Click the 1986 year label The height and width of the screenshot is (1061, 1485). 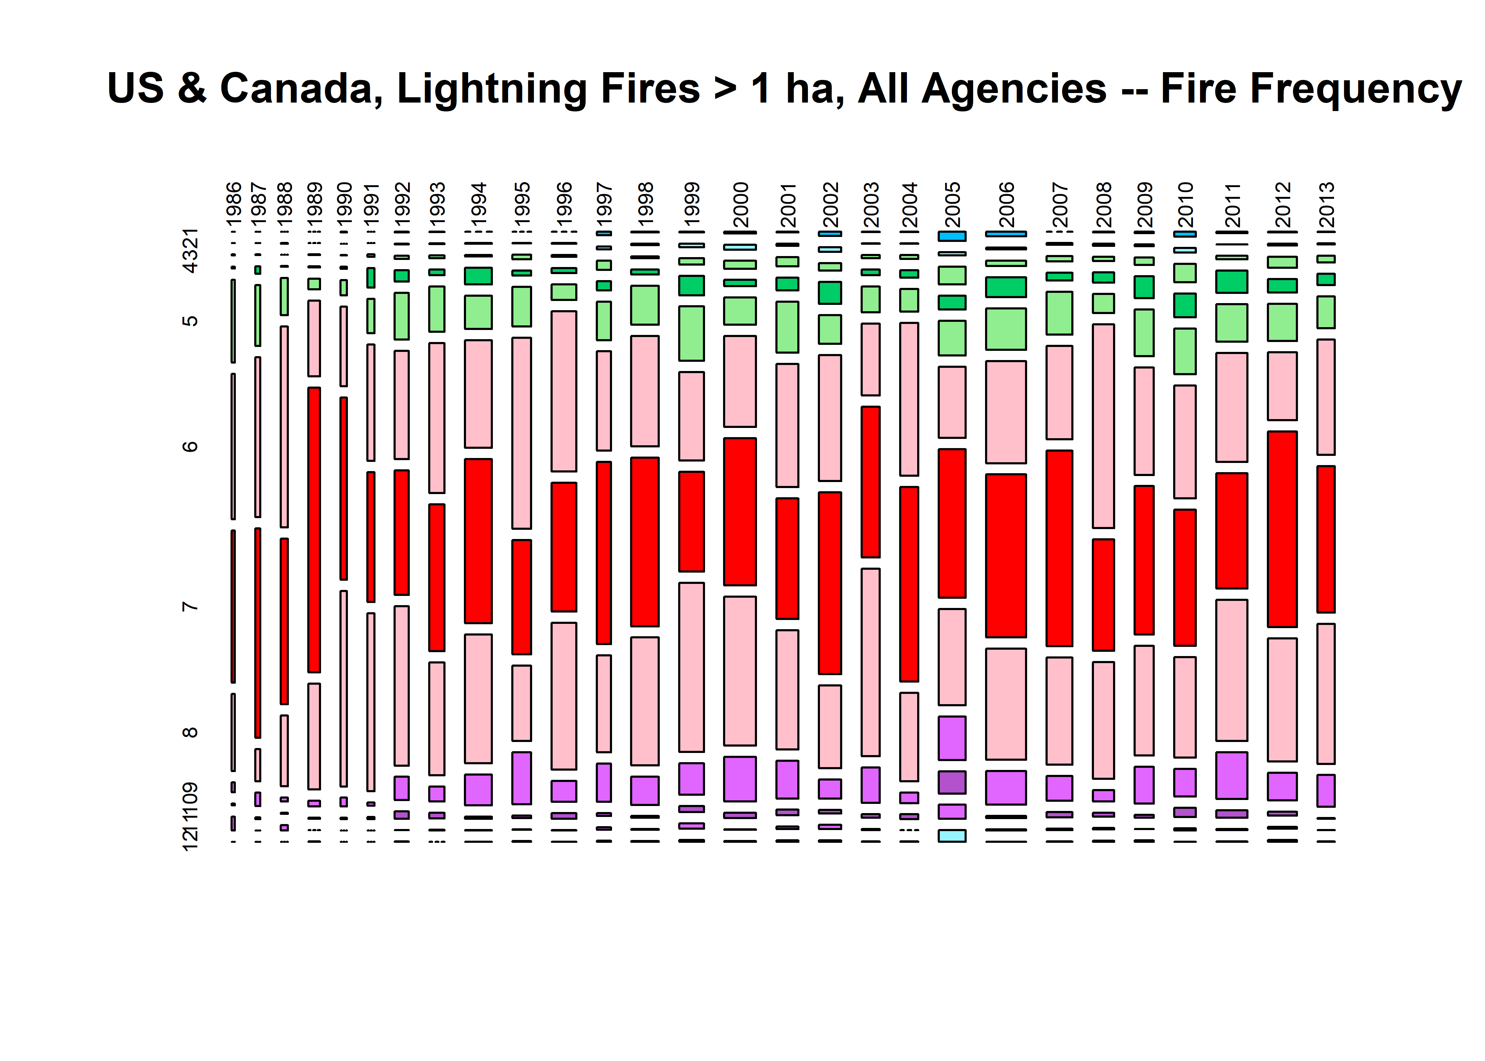click(x=233, y=203)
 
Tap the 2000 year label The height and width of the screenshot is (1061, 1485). click(x=740, y=204)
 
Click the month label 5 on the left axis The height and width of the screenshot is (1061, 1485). click(x=190, y=321)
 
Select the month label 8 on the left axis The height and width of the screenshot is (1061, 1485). click(x=190, y=732)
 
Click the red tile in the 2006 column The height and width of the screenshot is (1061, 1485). click(x=1006, y=555)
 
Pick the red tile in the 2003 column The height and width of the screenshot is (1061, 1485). click(x=870, y=481)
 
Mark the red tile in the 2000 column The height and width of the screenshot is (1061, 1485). click(x=740, y=511)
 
